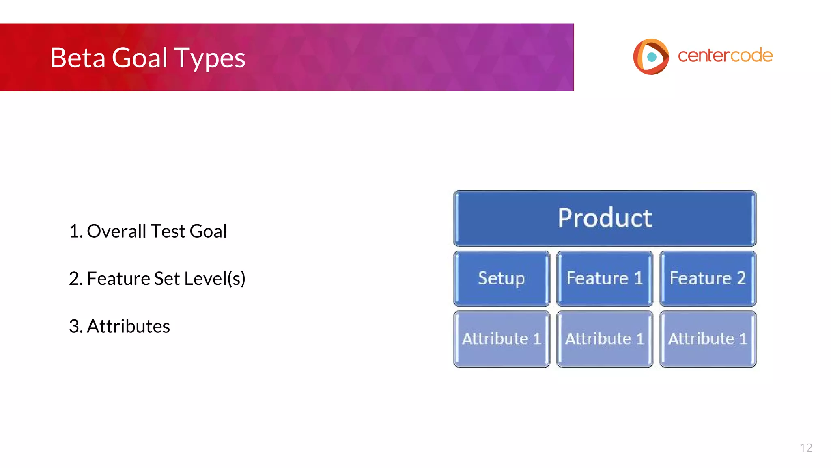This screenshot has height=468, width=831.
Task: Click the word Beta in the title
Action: point(78,58)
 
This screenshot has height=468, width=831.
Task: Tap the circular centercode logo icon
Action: point(650,56)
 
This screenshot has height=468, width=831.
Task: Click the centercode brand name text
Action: point(725,56)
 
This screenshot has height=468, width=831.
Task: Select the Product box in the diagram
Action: point(605,218)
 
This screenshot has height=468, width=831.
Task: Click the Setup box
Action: point(502,279)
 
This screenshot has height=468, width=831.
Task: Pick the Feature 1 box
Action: point(605,279)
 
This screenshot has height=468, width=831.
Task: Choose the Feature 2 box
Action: point(708,279)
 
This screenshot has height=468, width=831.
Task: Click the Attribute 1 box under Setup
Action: point(502,339)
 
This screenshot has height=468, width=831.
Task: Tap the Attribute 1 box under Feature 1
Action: point(605,339)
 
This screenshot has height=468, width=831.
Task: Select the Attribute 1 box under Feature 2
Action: point(708,339)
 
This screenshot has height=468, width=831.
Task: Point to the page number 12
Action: point(806,448)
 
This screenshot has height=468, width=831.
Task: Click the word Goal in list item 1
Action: point(208,231)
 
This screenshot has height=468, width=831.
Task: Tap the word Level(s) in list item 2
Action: point(215,279)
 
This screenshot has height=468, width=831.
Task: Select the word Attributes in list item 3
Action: point(128,326)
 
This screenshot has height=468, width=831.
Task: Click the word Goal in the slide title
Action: point(139,58)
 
